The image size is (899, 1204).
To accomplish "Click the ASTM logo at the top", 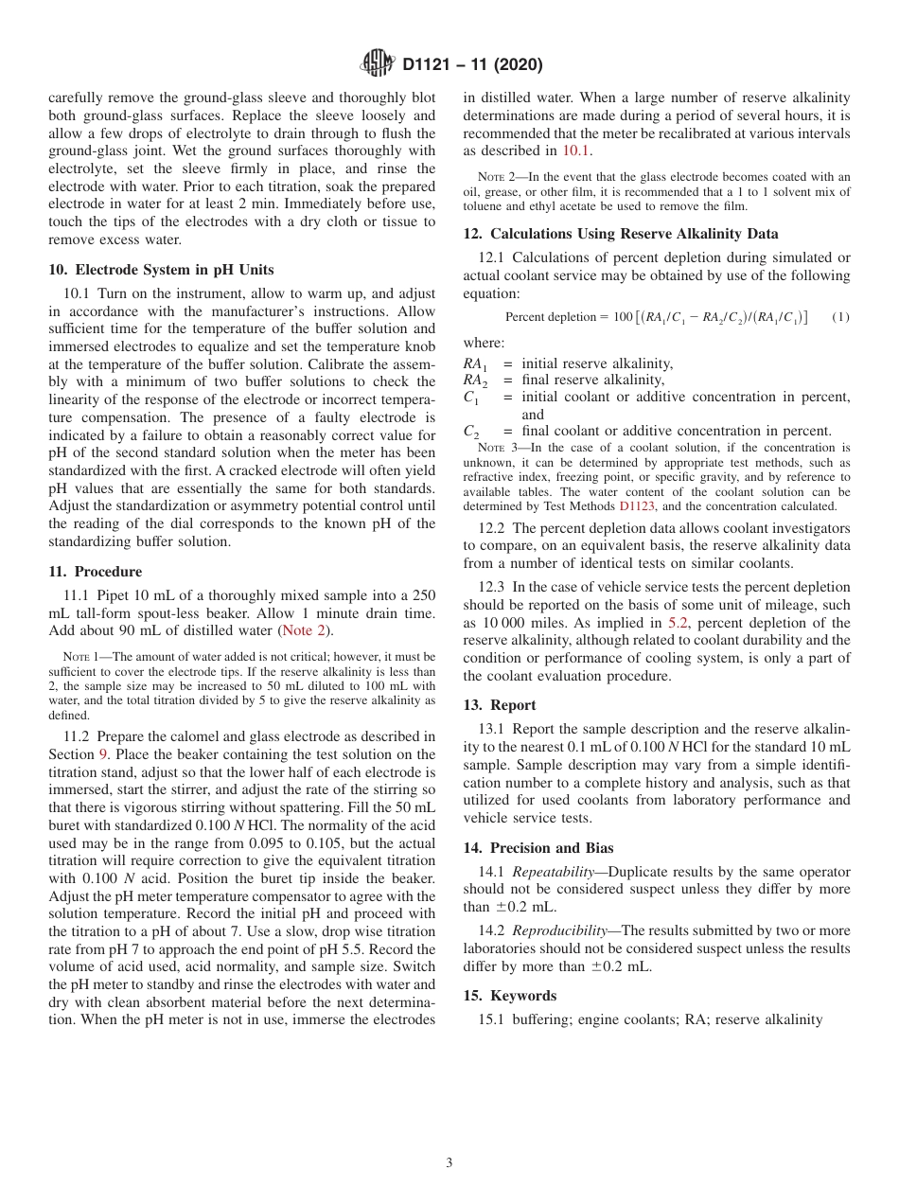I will tap(378, 64).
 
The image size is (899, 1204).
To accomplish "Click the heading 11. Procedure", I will tap(95, 572).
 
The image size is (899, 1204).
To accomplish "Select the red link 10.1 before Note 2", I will tap(576, 150).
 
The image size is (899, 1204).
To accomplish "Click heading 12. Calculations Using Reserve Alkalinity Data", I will tap(621, 234).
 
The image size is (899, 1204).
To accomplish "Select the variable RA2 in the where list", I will tap(476, 381).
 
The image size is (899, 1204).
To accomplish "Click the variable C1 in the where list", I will tap(471, 398).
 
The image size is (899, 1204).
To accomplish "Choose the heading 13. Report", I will tap(500, 705).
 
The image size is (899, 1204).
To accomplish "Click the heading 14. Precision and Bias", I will tap(538, 848).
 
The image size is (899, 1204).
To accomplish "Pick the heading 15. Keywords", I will tap(509, 996).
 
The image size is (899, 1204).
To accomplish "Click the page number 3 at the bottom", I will tap(449, 1163).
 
